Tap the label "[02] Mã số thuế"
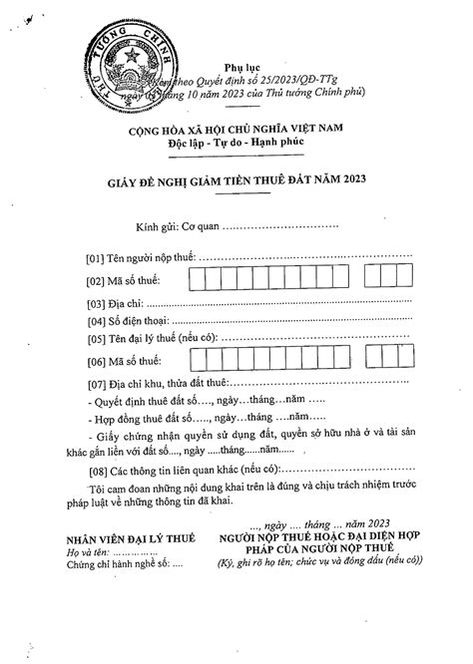tap(124, 280)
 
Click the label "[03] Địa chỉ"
tap(116, 303)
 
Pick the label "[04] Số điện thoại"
tap(129, 321)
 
